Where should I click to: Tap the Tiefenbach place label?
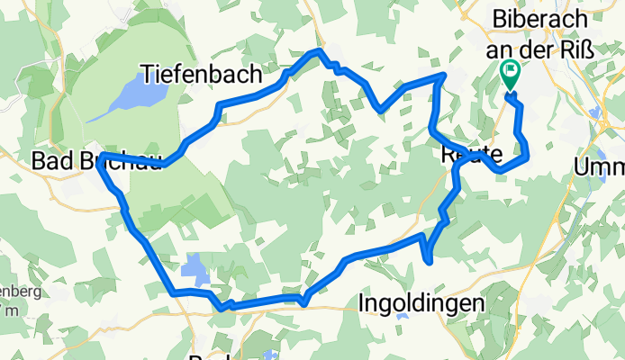click(x=201, y=73)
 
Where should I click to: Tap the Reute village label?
click(x=466, y=154)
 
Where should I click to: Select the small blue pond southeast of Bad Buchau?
click(x=194, y=265)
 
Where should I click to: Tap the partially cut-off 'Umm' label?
click(x=600, y=167)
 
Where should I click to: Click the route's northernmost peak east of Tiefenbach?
click(x=316, y=52)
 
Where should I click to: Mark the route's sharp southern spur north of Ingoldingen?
click(x=430, y=261)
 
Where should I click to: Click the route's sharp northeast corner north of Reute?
click(x=442, y=77)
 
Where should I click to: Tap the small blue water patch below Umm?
click(x=594, y=111)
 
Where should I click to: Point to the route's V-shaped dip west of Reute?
click(x=382, y=110)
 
